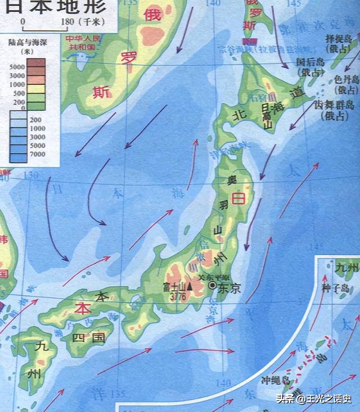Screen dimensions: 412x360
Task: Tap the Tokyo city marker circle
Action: click(212, 286)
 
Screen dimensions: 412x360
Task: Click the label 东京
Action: click(228, 289)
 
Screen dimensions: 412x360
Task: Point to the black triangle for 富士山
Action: click(190, 287)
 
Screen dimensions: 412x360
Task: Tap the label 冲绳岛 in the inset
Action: click(275, 381)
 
